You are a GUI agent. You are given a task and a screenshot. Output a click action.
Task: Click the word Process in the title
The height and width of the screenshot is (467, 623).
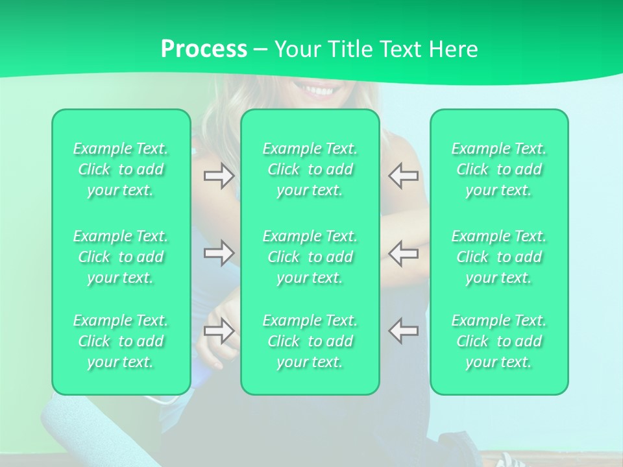(x=204, y=49)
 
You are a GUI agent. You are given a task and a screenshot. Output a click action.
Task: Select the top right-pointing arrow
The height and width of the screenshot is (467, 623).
(x=219, y=176)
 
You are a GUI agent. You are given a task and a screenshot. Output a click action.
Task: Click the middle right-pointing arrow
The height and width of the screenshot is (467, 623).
(x=219, y=252)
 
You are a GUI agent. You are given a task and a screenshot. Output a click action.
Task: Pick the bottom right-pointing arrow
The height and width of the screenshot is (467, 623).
(x=219, y=330)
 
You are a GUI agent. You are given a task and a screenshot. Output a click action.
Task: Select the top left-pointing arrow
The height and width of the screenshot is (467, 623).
(x=403, y=176)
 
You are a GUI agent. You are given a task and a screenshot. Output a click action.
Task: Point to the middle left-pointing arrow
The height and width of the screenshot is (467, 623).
(x=403, y=252)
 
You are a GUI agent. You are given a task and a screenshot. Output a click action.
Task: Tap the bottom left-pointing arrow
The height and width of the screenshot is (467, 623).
(x=403, y=330)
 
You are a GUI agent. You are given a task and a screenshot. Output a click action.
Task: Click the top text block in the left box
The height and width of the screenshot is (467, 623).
(x=121, y=169)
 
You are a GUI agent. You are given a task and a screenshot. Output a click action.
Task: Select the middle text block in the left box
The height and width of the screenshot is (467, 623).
(x=121, y=257)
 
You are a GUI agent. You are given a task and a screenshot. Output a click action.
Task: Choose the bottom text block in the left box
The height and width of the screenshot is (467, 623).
(x=121, y=341)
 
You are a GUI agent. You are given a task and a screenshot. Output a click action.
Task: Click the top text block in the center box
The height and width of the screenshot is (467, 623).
(x=310, y=169)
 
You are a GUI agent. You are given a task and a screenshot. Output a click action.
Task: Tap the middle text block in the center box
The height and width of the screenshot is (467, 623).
(x=310, y=257)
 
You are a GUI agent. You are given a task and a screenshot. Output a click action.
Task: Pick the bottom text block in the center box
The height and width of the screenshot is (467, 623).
(x=310, y=341)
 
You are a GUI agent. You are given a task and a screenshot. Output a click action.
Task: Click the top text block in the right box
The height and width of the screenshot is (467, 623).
(x=499, y=169)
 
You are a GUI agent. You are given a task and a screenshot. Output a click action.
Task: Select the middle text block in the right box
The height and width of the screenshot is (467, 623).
(x=499, y=257)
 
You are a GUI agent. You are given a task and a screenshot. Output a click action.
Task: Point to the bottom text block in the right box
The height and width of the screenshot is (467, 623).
(x=499, y=341)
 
